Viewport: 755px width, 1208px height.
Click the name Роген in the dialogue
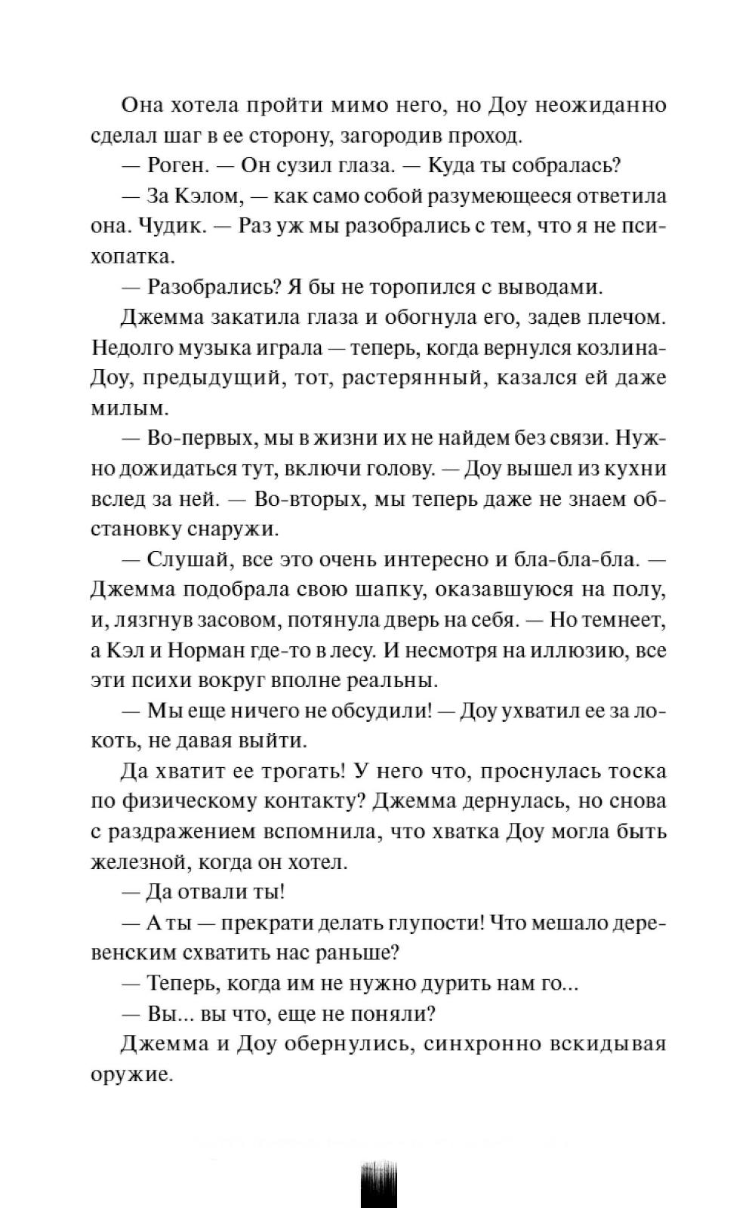tap(179, 166)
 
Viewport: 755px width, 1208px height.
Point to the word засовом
tap(240, 620)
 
